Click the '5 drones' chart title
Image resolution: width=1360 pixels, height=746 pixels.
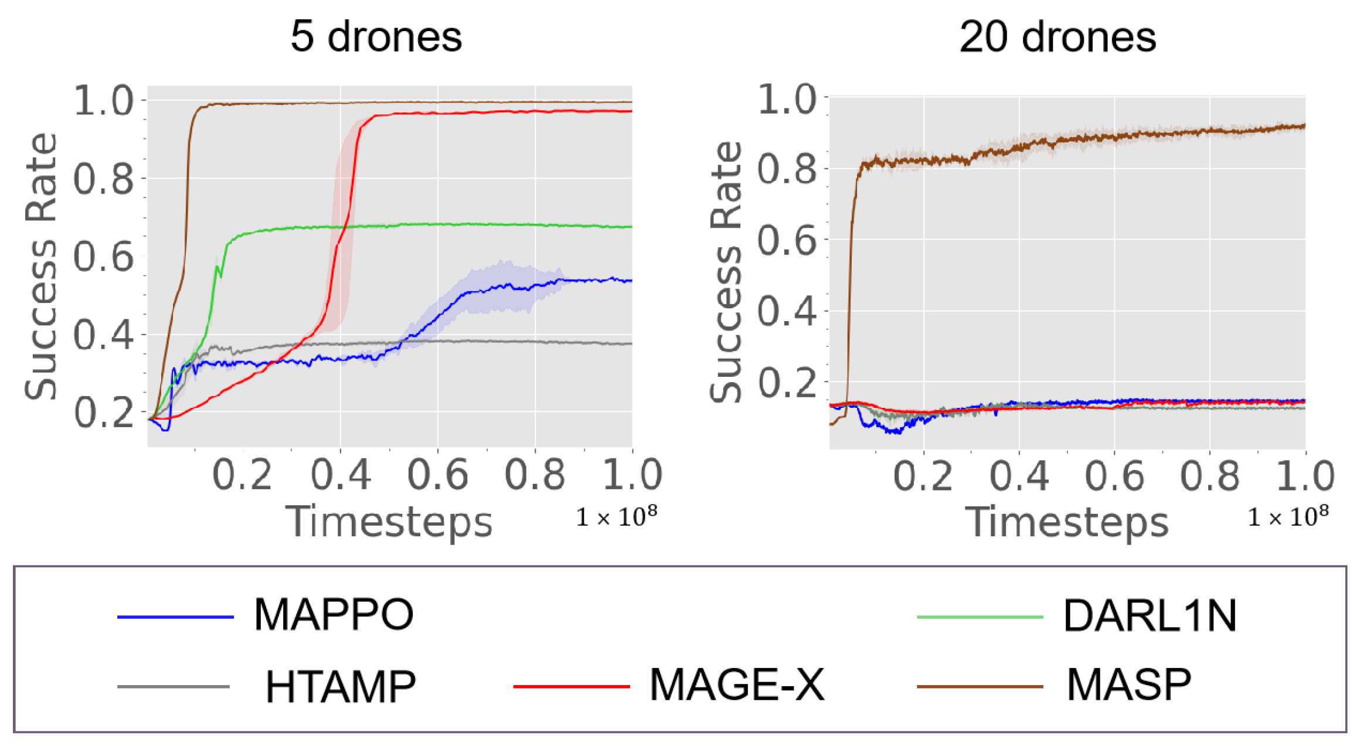click(x=376, y=37)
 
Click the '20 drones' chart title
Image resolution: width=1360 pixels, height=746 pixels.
click(x=1057, y=37)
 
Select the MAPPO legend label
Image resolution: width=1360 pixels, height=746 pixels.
click(x=334, y=615)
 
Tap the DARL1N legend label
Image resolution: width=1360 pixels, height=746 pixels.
click(x=1150, y=616)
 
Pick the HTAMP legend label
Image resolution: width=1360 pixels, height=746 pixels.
click(x=341, y=686)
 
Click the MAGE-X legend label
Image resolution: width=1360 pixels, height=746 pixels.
click(x=737, y=684)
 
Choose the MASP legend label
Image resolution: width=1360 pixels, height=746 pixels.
click(x=1128, y=684)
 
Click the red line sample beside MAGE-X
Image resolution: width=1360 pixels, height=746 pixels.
click(x=571, y=686)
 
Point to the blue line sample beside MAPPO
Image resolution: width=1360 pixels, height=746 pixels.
click(x=175, y=616)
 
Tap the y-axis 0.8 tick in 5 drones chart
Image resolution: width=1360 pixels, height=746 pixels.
click(x=103, y=179)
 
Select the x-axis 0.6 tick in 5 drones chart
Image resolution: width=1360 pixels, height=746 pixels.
click(x=437, y=475)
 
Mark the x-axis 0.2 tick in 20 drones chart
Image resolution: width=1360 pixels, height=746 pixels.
click(x=923, y=476)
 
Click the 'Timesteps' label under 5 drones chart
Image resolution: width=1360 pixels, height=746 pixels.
click(x=389, y=521)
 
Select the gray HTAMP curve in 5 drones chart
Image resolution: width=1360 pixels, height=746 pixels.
click(x=498, y=342)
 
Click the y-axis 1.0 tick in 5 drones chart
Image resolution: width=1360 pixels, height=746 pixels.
click(x=103, y=101)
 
